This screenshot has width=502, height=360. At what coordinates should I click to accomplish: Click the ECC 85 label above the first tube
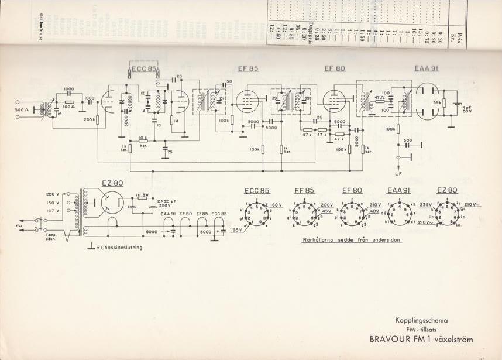pos(143,69)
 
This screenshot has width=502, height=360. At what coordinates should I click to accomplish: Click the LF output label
pos(398,174)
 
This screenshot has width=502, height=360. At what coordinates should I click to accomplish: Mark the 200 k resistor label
pos(89,119)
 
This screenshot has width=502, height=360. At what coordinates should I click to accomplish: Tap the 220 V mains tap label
pos(53,194)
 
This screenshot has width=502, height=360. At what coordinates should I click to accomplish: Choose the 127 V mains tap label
pos(53,211)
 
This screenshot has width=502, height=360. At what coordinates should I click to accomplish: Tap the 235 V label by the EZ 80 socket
pos(426,205)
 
